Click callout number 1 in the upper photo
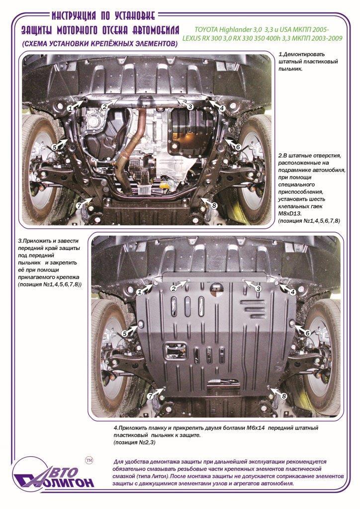70,109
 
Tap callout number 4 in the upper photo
222,108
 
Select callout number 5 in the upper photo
55,147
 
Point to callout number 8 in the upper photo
214,205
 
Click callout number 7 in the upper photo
78,205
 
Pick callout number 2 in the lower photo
174,289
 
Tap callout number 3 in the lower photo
259,289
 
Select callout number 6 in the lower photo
308,333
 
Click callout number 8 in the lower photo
284,396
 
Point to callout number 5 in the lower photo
124,334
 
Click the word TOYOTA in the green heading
206,30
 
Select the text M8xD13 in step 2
290,214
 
